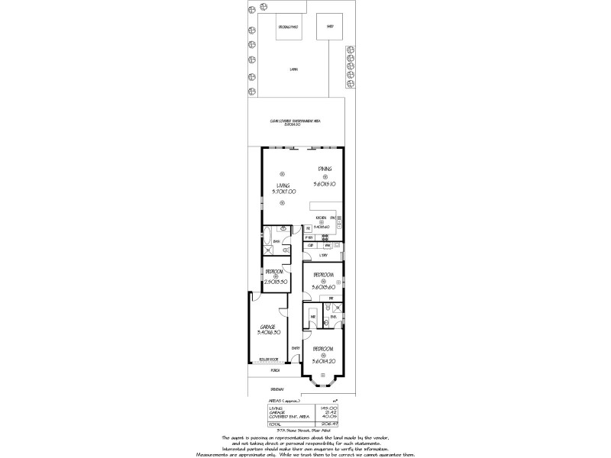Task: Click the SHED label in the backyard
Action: tap(331, 26)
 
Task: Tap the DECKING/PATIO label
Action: tap(288, 26)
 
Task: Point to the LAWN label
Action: tap(293, 70)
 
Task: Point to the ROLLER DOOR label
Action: tap(267, 359)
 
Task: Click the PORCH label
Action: tap(274, 371)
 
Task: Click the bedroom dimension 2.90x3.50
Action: tap(275, 282)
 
